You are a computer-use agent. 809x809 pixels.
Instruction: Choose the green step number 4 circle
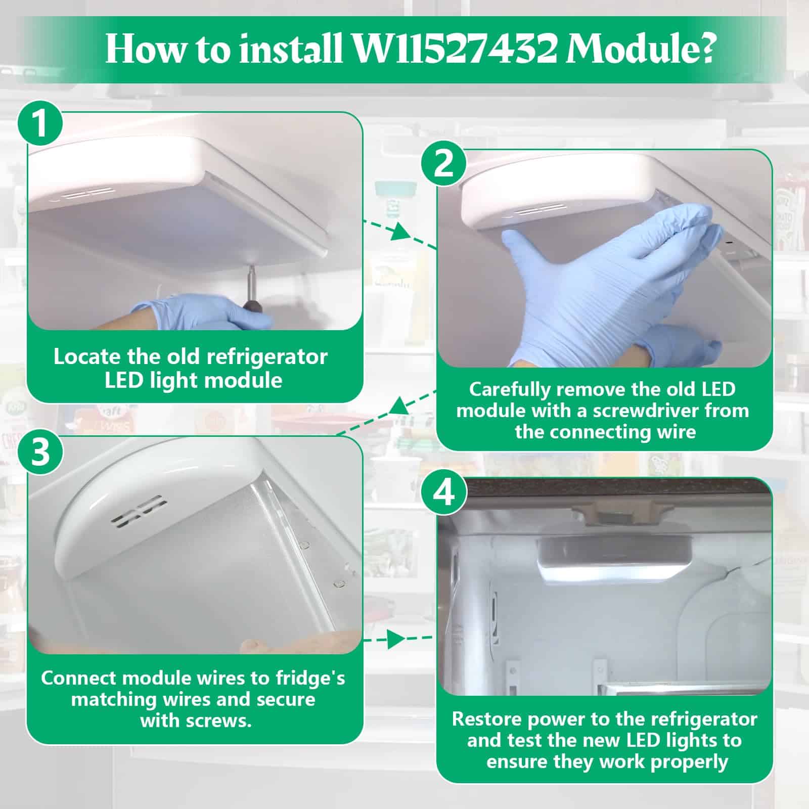coord(444,491)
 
